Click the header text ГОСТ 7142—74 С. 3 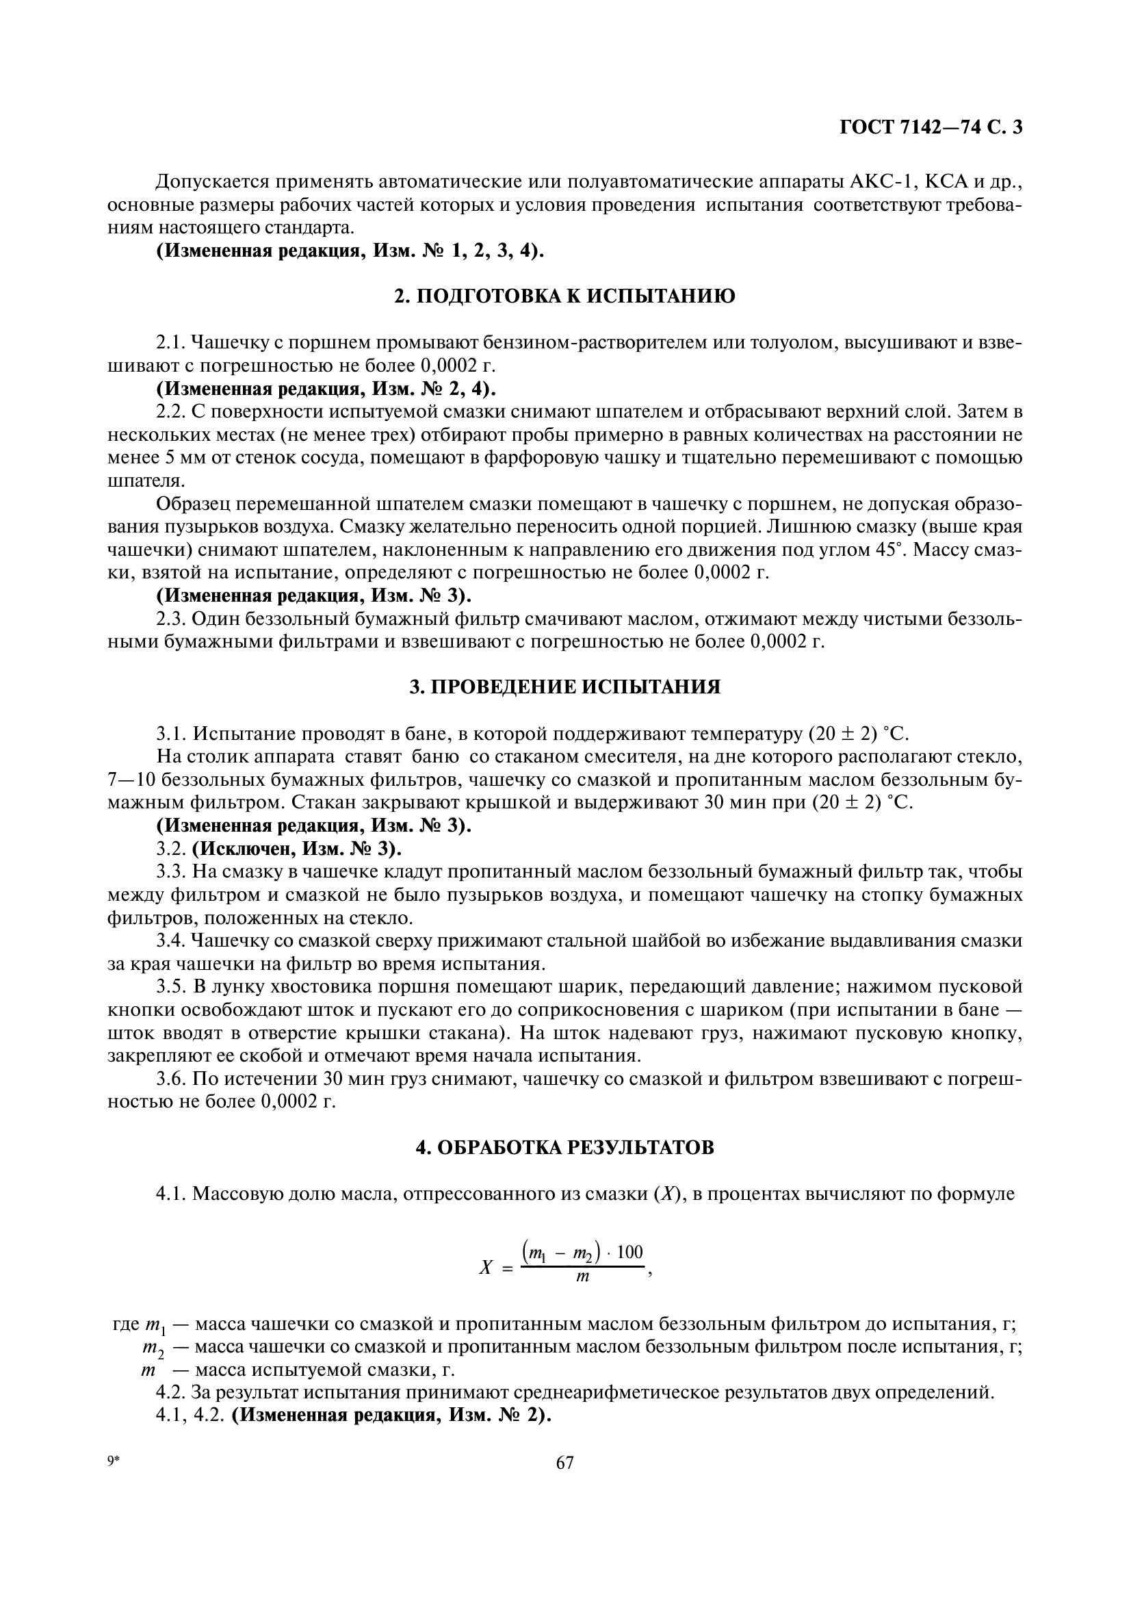[931, 127]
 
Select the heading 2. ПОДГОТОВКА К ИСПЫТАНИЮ [564, 296]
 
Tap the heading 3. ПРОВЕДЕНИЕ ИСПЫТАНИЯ [564, 687]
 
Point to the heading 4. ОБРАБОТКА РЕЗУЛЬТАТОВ [564, 1148]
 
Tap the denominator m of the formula [583, 1277]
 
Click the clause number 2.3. [171, 619]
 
